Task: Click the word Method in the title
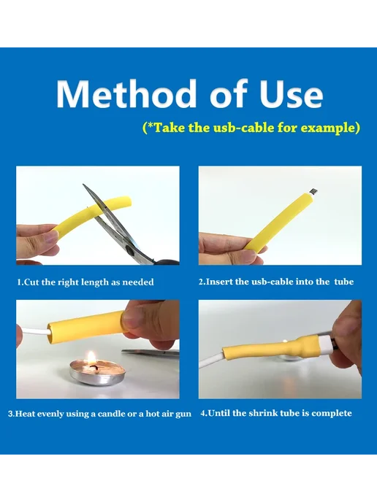(x=126, y=93)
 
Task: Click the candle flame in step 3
(x=91, y=358)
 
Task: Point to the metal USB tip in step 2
(x=313, y=191)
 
